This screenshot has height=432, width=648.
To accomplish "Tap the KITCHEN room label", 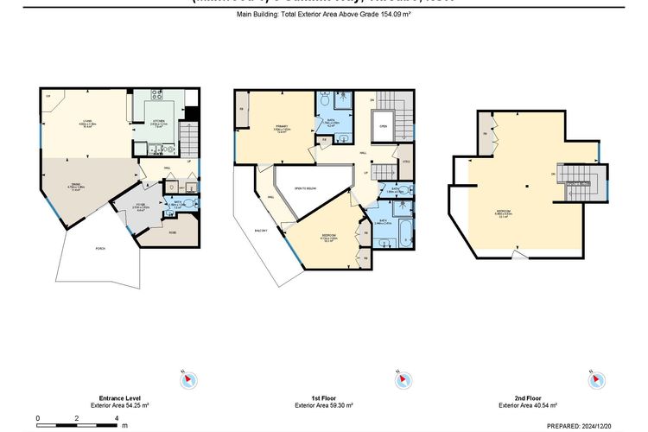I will pos(160,121).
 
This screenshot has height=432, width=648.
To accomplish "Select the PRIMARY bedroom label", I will pos(281,129).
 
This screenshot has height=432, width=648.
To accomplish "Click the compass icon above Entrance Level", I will pos(187,379).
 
